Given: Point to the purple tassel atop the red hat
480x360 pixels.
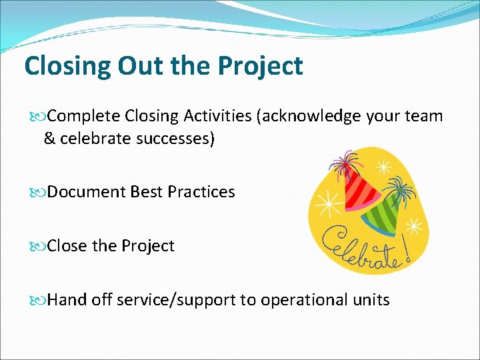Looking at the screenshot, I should point(347,164).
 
